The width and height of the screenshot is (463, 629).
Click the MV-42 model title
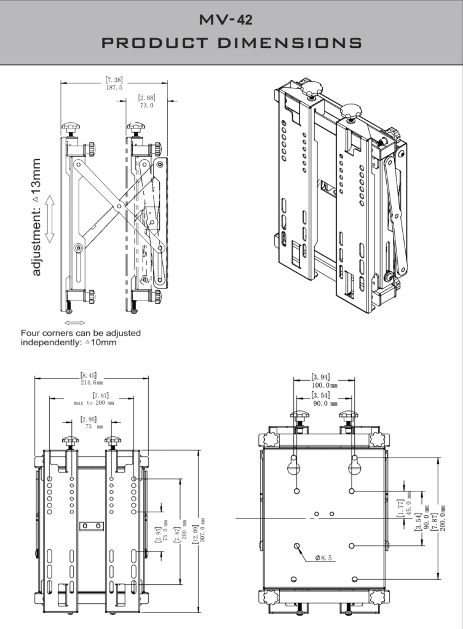[226, 19]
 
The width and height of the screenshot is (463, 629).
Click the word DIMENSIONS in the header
[290, 43]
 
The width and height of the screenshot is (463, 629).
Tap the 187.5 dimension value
[114, 87]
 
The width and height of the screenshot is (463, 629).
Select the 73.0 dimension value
[146, 106]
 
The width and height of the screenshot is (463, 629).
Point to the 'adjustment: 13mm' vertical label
[36, 217]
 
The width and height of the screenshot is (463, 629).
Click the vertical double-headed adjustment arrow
[50, 219]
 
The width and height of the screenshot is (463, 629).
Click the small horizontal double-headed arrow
[74, 322]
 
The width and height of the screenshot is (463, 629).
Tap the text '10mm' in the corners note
[103, 342]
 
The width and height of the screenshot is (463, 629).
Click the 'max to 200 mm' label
[94, 402]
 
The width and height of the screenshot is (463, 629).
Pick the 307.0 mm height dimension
[203, 529]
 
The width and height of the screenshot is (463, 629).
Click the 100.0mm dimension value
[325, 385]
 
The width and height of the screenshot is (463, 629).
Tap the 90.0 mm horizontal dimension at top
[325, 404]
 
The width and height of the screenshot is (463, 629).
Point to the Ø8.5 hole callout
[323, 558]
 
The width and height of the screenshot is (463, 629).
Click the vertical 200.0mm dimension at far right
[443, 518]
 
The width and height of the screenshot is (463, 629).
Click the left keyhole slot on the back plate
[295, 465]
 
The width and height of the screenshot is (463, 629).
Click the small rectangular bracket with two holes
[92, 526]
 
